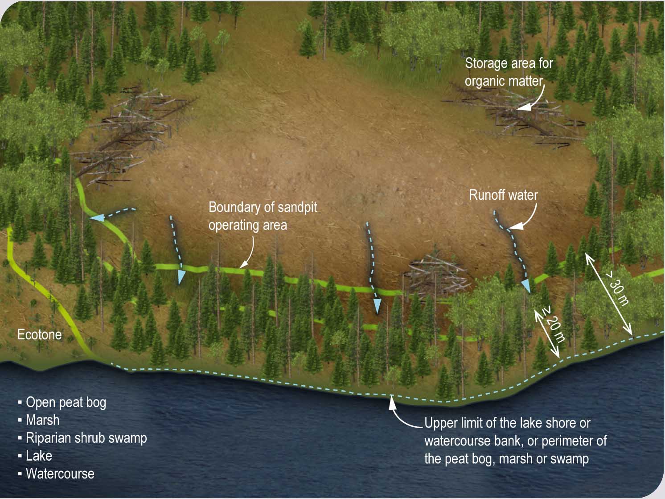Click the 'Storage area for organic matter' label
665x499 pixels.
[509, 72]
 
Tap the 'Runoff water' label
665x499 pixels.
[503, 195]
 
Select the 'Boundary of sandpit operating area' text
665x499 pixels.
[263, 216]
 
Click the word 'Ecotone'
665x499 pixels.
[39, 334]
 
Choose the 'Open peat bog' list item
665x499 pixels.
[66, 402]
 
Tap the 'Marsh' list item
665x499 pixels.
[42, 420]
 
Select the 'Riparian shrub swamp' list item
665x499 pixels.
[86, 438]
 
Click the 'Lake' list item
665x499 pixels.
[39, 456]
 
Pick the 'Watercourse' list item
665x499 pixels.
[60, 474]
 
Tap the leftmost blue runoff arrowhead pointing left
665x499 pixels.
[96, 218]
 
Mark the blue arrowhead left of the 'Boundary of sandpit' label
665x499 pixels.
[181, 277]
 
